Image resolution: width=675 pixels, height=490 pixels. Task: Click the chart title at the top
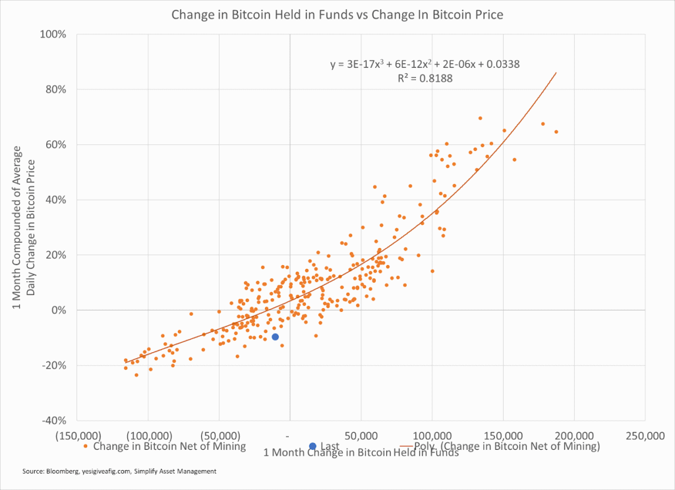337,15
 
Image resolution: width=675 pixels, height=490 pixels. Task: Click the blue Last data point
275,337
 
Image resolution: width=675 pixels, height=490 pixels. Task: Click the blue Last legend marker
312,446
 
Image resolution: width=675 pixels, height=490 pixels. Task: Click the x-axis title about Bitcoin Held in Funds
361,452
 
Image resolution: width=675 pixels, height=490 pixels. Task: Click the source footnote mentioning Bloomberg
119,472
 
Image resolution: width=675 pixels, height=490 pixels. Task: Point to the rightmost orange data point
556,132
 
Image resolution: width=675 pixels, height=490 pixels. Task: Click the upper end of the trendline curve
556,73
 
